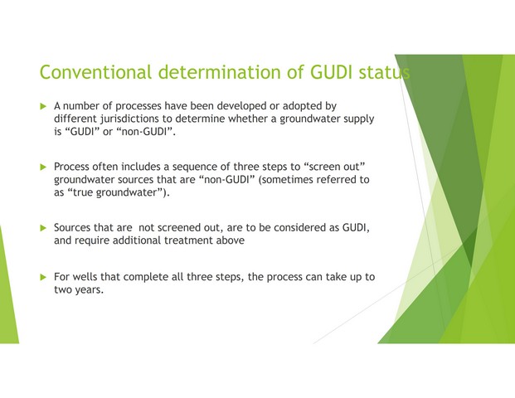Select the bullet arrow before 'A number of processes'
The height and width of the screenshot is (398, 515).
[x=43, y=106]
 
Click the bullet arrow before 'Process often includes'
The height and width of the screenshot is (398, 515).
[x=43, y=167]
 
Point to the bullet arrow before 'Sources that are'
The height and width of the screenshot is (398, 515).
[x=43, y=228]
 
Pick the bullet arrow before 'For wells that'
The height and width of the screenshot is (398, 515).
[x=43, y=277]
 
